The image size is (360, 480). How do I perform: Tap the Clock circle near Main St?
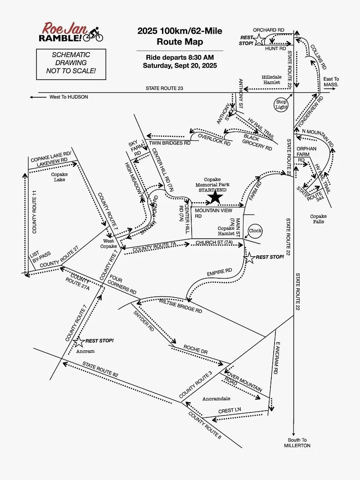(255, 231)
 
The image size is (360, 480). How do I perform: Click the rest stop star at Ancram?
(79, 342)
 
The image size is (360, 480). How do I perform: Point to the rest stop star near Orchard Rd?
(260, 41)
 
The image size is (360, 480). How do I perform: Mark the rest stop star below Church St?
(249, 258)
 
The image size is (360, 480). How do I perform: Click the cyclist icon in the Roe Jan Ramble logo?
(94, 34)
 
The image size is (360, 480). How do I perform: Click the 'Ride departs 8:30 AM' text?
(180, 58)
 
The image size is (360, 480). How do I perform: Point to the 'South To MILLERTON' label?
(297, 443)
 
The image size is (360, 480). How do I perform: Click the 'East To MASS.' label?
(331, 82)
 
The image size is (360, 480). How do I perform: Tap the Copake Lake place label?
(59, 177)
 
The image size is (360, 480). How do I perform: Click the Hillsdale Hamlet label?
(271, 80)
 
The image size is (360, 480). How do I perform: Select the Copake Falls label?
(318, 219)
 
